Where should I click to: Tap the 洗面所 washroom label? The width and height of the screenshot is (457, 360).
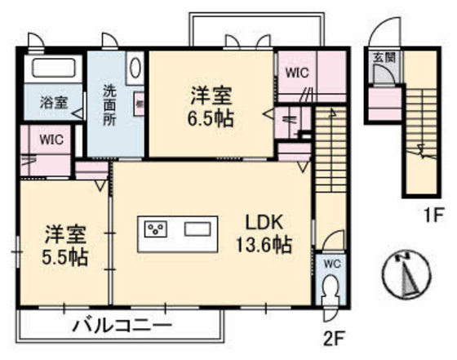tap(109, 104)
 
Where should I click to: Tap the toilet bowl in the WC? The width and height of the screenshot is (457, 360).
tap(331, 290)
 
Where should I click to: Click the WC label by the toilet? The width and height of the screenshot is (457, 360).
tap(331, 264)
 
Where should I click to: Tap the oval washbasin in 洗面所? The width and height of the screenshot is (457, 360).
tap(135, 68)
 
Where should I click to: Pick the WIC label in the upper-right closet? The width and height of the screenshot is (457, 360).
tap(296, 73)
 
